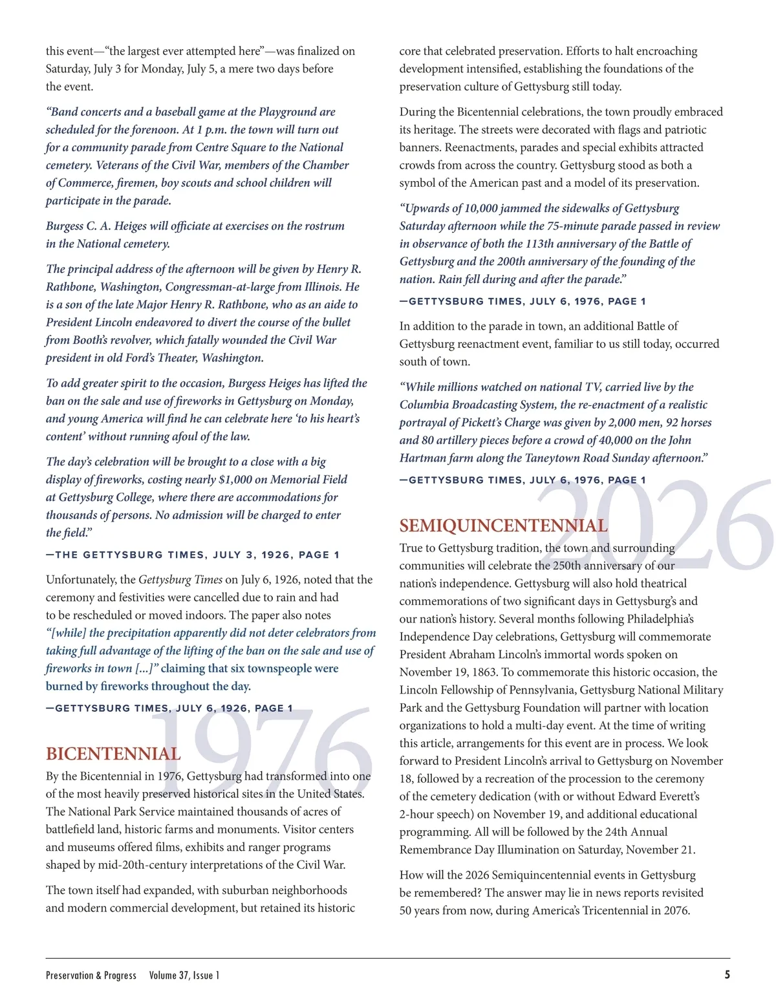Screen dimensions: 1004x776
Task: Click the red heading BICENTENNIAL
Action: click(113, 754)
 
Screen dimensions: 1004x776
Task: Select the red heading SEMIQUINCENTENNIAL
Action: click(503, 526)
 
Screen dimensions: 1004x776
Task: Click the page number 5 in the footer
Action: click(727, 975)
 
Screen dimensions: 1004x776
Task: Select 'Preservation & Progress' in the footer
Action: click(91, 976)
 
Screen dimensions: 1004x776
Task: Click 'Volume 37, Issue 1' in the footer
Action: click(184, 976)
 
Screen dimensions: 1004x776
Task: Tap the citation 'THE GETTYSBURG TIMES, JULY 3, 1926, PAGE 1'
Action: click(193, 555)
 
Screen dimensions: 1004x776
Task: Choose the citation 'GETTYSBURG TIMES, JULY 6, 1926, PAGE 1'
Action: click(169, 708)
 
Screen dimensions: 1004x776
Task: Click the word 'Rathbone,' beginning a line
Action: click(70, 287)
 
